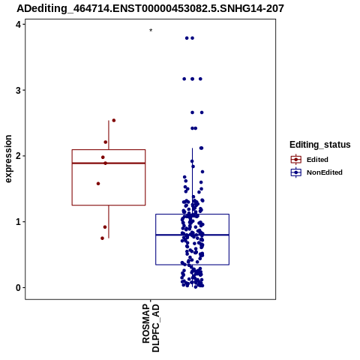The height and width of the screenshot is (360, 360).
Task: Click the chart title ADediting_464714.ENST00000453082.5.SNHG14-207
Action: [x=150, y=8]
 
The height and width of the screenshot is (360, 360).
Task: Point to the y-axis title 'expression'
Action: [x=8, y=159]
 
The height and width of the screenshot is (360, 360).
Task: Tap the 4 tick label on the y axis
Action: [x=18, y=24]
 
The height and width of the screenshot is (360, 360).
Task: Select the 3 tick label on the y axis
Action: [x=18, y=90]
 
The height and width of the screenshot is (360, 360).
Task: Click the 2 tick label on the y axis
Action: [x=18, y=156]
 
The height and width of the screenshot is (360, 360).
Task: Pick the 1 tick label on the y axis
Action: [x=18, y=222]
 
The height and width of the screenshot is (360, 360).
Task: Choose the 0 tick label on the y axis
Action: [x=18, y=288]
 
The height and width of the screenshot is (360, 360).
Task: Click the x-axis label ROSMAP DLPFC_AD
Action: [x=151, y=328]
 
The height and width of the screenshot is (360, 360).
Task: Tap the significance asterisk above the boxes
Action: [x=151, y=31]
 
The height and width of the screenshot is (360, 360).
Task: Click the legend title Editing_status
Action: [x=320, y=145]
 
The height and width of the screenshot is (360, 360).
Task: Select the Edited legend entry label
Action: [x=317, y=160]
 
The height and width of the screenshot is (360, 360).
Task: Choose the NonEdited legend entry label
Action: [x=325, y=172]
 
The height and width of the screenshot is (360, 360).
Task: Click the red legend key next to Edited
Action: [x=296, y=160]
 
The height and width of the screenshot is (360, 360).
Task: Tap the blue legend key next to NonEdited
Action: [x=296, y=172]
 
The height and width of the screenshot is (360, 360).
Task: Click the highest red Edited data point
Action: [x=114, y=121]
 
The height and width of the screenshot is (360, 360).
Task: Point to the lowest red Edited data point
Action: [x=102, y=238]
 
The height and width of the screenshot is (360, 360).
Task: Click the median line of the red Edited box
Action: [x=109, y=163]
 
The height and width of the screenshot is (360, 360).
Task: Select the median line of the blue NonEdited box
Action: [x=192, y=235]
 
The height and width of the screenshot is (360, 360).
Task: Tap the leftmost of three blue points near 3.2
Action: [x=184, y=79]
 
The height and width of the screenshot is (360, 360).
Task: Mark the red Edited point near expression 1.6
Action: [x=98, y=184]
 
